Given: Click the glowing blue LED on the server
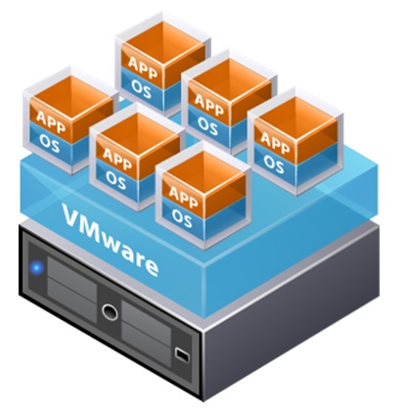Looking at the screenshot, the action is pos(37,268).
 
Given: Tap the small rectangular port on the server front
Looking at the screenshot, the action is pos(182,354).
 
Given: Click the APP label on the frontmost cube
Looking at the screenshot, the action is pos(183,196).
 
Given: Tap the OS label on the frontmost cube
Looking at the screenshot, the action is pos(182,217).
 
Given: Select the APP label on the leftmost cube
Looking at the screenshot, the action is pos(51,121).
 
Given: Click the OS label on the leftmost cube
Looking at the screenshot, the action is pos(50,144).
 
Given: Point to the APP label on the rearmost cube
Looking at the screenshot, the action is pos(143,68).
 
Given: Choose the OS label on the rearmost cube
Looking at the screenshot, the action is pos(142,89).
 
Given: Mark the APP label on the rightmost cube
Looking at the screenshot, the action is pos(275,142).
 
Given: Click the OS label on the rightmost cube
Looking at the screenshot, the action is pos(274,164).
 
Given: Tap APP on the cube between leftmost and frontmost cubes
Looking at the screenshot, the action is pos(117,159).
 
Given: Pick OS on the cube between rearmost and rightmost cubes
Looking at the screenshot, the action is pos(207,126).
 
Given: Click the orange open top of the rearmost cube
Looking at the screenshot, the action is pos(164,41).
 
